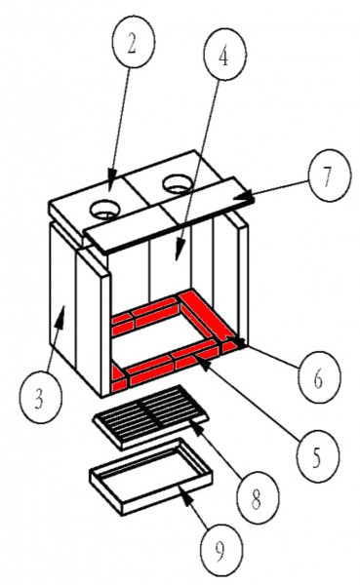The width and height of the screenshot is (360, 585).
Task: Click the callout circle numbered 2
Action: [x=134, y=42]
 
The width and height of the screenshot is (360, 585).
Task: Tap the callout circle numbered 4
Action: [x=224, y=54]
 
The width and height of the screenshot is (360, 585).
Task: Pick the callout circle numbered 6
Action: [x=319, y=376]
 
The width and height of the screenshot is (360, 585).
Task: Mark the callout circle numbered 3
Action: [x=40, y=397]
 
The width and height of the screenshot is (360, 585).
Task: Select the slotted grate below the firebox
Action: [x=150, y=417]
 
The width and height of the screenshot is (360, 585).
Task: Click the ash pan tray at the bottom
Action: [x=151, y=476]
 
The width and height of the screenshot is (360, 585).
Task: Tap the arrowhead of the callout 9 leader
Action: [x=186, y=492]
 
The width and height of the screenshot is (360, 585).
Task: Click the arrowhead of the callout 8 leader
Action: [x=197, y=426]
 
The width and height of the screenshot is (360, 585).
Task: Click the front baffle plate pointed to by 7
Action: [x=169, y=214]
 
